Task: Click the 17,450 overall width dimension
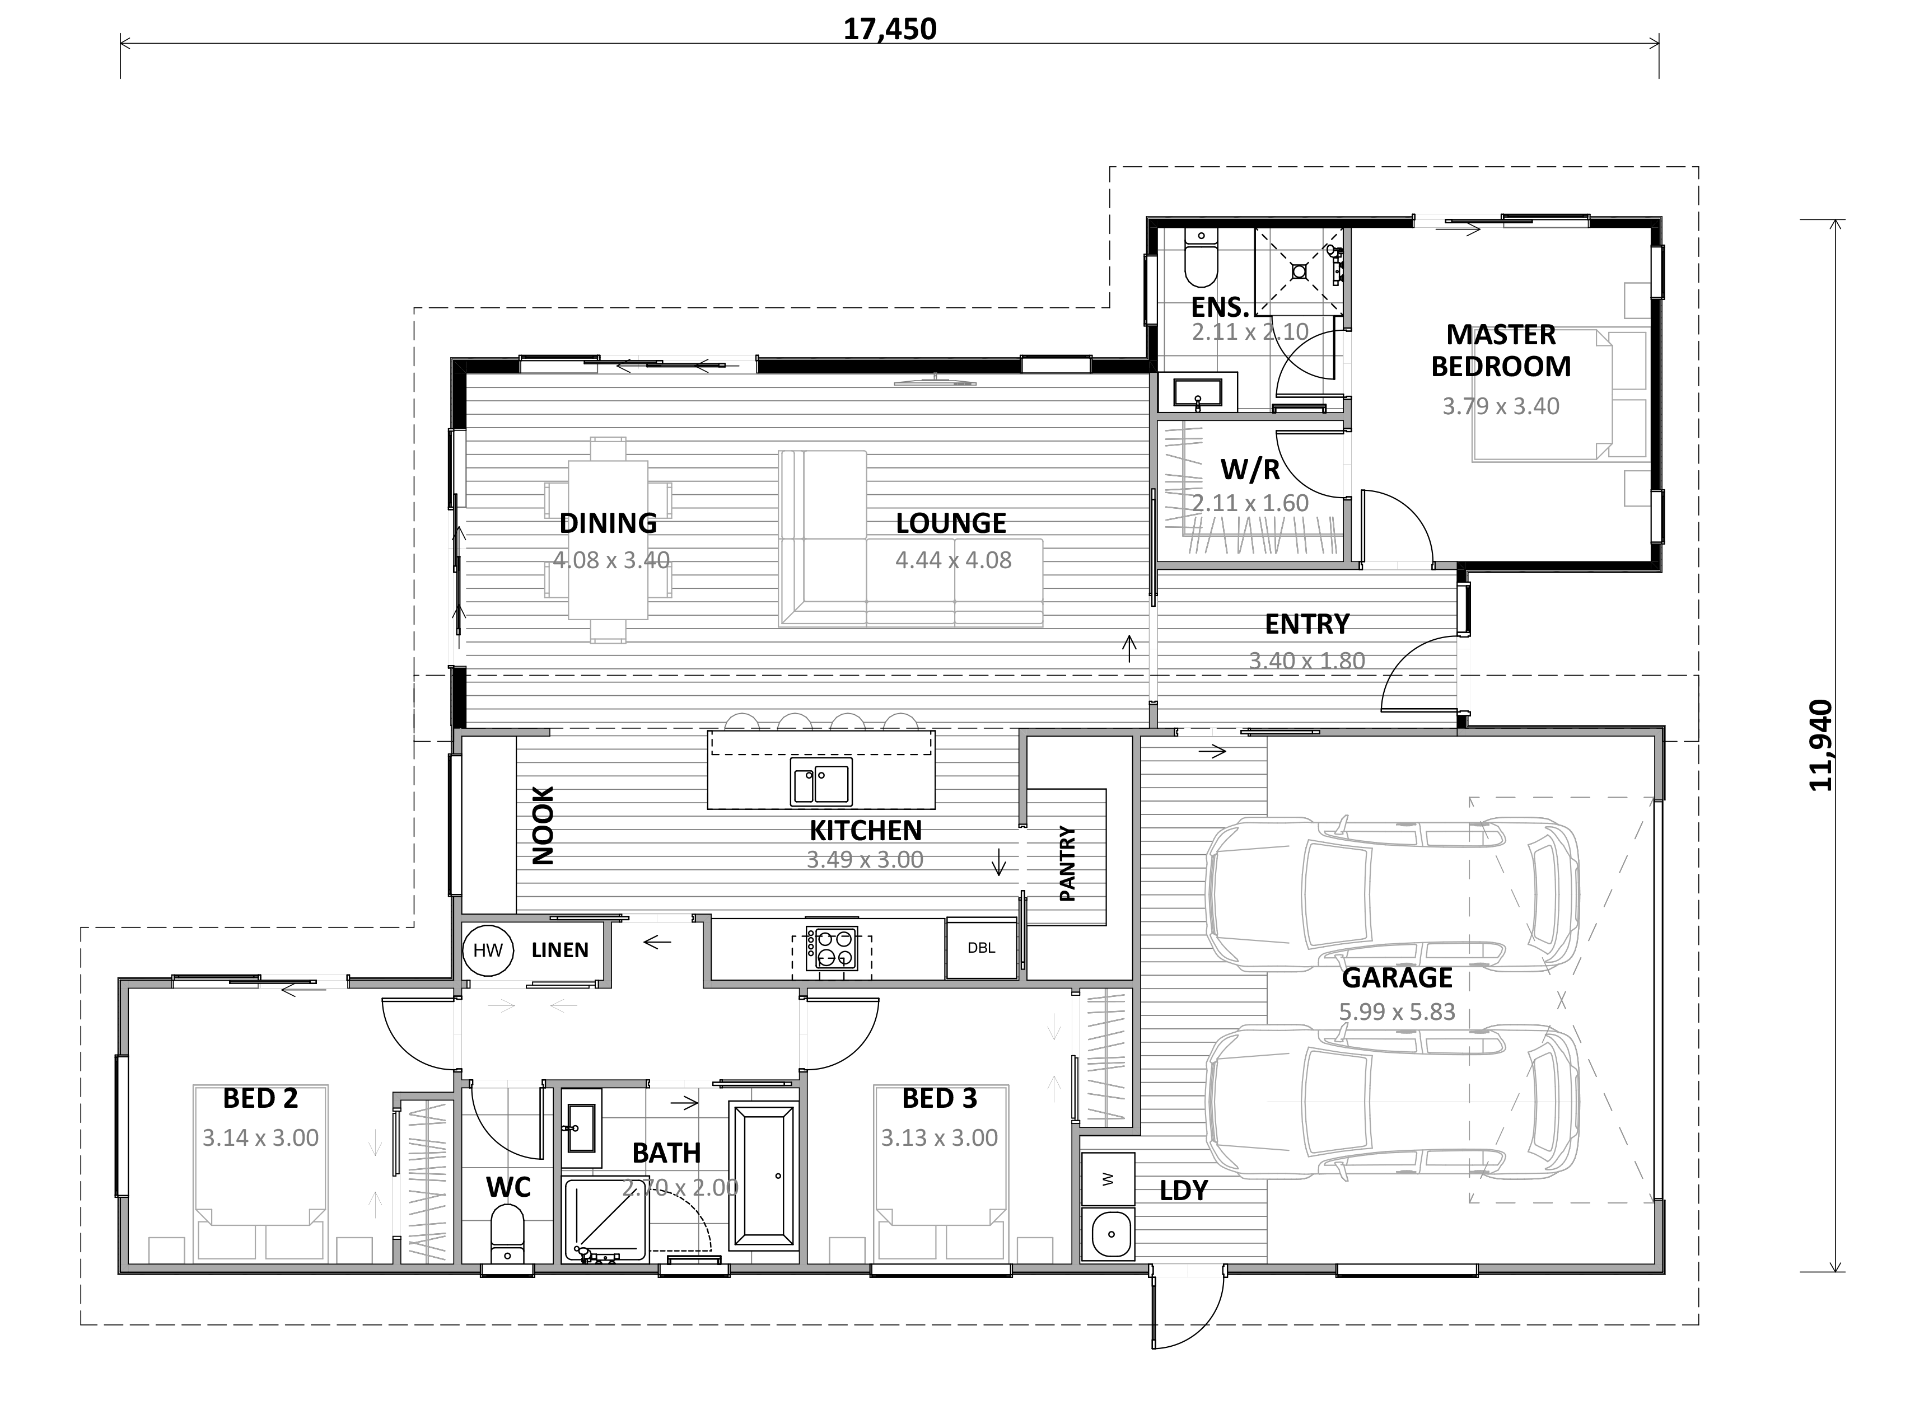point(890,30)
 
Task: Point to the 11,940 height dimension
point(1820,745)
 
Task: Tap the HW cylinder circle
point(488,950)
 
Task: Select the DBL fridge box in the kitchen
point(982,948)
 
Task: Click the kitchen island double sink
point(821,781)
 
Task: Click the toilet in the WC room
point(508,1238)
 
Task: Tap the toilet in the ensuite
point(1201,259)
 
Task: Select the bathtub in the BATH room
point(764,1176)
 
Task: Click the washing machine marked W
point(1108,1179)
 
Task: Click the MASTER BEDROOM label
point(1501,350)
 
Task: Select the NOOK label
point(543,825)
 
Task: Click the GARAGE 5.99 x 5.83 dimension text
point(1397,1011)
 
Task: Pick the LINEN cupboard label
point(560,950)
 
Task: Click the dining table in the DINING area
point(608,539)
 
